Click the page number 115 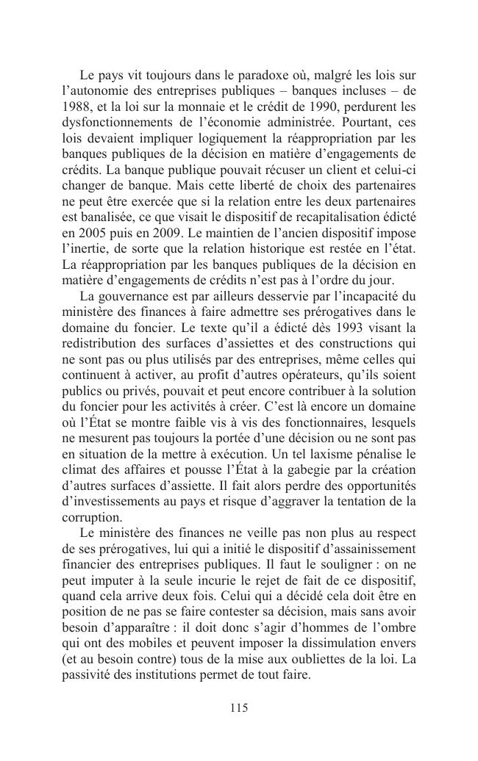tap(238, 708)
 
